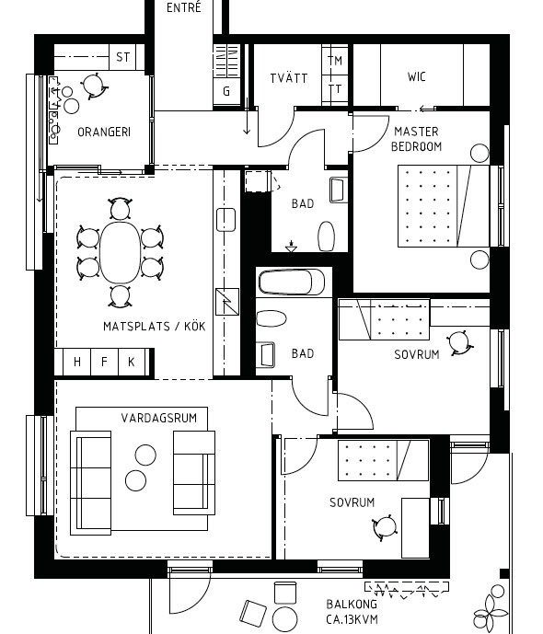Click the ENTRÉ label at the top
[x=183, y=7]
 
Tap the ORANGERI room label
[x=104, y=132]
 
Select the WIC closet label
[x=416, y=76]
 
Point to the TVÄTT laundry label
[x=289, y=77]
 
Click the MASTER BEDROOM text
[x=416, y=139]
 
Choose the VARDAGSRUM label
[x=159, y=417]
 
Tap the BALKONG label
[x=352, y=604]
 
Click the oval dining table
[x=120, y=252]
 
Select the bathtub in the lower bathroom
[x=291, y=282]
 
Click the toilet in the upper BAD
[x=327, y=236]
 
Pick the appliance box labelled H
[x=76, y=362]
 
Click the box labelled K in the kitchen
[x=132, y=362]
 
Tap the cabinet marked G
[x=226, y=91]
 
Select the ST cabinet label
[x=123, y=57]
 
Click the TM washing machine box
[x=335, y=60]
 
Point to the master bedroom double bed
[x=444, y=205]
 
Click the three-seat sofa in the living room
[x=90, y=483]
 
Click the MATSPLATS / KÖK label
[x=154, y=326]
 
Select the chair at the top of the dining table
[x=120, y=209]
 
